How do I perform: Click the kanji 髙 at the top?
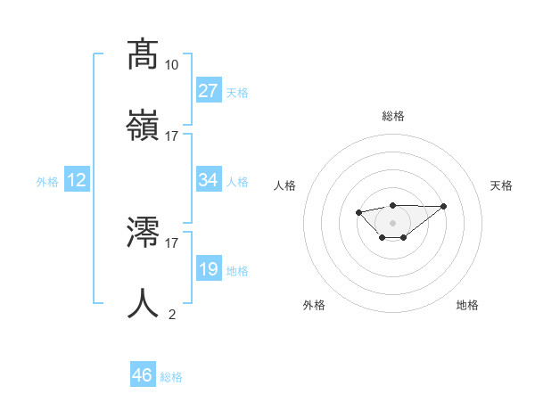(x=143, y=55)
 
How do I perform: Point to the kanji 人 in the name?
(x=143, y=303)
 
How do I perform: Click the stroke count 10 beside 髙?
(x=172, y=65)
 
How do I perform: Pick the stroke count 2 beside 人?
(x=172, y=313)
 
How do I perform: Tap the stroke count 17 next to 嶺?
(x=172, y=136)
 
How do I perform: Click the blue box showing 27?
(x=209, y=91)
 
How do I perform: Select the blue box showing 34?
(x=209, y=180)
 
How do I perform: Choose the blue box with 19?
(x=209, y=269)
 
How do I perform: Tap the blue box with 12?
(x=77, y=180)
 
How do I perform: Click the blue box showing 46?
(x=143, y=375)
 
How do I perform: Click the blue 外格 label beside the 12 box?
(x=47, y=182)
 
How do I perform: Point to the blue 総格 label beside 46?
(x=171, y=377)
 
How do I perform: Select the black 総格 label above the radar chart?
(x=393, y=116)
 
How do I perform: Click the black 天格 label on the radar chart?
(x=502, y=185)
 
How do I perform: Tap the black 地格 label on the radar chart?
(x=467, y=305)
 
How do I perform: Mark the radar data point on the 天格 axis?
(x=444, y=206)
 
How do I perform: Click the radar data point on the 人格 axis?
(x=358, y=212)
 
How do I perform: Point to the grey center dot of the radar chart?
(x=393, y=222)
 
